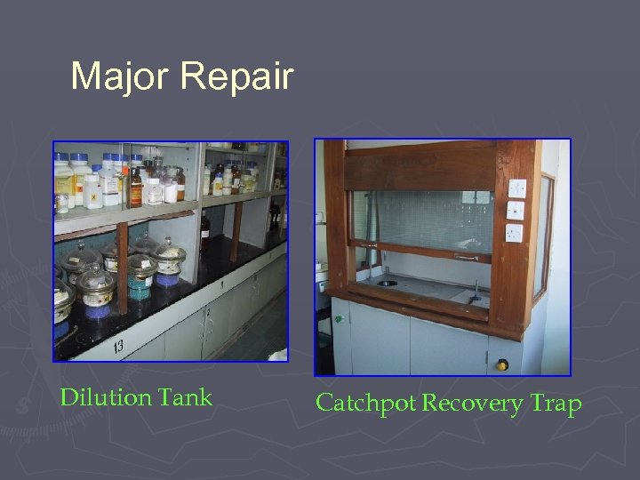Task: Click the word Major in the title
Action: click(120, 76)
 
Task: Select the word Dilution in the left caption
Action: click(104, 397)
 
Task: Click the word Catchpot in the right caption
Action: click(365, 404)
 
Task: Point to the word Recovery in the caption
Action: click(473, 404)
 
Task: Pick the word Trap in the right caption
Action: click(556, 404)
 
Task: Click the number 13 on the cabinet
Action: click(118, 345)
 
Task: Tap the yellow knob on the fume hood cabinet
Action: click(503, 364)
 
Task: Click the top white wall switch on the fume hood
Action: click(516, 188)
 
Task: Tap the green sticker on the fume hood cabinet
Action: click(339, 318)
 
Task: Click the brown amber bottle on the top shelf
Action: click(136, 188)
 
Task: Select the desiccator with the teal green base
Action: click(141, 271)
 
